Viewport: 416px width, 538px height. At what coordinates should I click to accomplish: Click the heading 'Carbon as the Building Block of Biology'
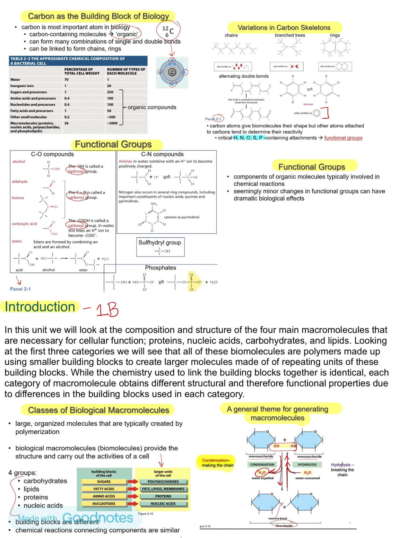click(98, 16)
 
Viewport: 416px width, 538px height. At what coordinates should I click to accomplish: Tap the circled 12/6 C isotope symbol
click(168, 31)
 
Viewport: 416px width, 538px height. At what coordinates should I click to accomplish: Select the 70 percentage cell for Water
click(66, 79)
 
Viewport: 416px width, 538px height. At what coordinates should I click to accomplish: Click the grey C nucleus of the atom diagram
click(172, 72)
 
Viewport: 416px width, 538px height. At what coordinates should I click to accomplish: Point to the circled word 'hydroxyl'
click(76, 171)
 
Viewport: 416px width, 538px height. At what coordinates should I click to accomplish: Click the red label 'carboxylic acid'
click(24, 224)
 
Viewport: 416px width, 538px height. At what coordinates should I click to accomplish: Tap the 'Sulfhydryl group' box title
click(159, 242)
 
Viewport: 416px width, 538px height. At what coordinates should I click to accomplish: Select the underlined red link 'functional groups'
click(343, 138)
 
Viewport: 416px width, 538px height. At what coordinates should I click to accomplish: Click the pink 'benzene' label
click(308, 104)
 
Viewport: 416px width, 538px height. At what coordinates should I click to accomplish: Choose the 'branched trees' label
click(290, 35)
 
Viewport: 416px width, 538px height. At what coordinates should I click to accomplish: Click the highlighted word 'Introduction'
click(40, 307)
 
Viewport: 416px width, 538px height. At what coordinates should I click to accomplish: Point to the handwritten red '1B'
click(107, 310)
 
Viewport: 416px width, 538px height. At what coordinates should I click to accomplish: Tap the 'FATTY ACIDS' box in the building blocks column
click(104, 489)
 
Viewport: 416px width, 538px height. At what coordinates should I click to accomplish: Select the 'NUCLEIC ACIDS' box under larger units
click(163, 504)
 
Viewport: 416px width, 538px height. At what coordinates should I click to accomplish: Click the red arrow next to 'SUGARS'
click(133, 481)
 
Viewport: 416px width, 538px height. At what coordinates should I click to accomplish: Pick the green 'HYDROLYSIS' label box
click(307, 465)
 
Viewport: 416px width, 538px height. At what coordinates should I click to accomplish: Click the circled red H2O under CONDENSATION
click(262, 472)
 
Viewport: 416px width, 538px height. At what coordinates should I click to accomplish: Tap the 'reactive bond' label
click(277, 518)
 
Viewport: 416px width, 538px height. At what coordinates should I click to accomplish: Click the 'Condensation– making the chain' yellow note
click(218, 463)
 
